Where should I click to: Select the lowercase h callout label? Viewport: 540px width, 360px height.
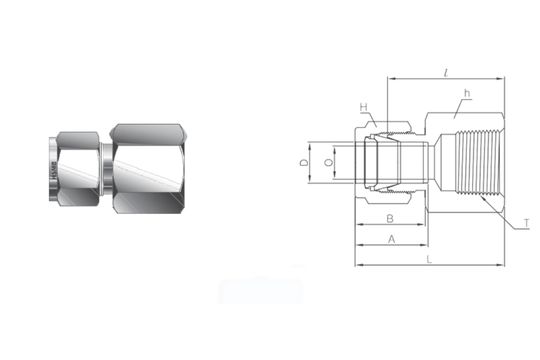467,95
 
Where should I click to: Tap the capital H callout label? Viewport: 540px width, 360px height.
365,107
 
